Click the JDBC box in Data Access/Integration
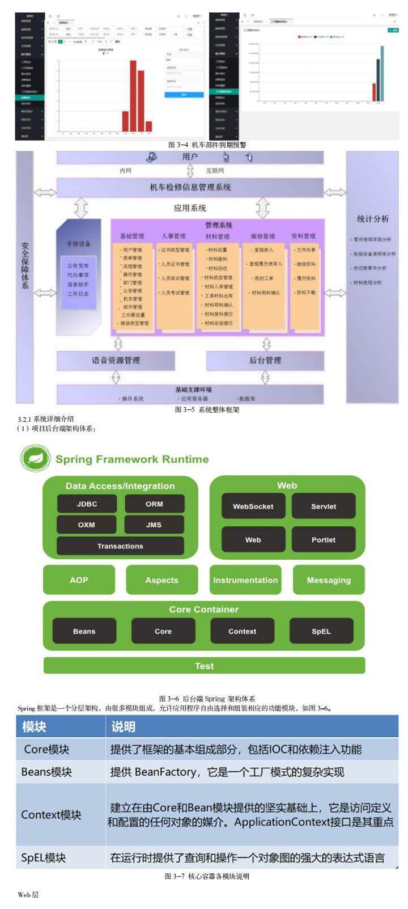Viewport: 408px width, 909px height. tap(87, 504)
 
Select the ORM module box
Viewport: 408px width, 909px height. tap(154, 504)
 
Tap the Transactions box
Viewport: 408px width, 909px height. tap(120, 546)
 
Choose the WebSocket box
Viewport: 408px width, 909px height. tap(253, 506)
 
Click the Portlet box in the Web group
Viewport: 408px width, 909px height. tap(323, 540)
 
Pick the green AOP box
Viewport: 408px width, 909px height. tap(79, 580)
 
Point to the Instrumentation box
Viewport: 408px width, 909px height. tap(245, 580)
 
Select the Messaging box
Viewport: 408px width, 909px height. tap(329, 580)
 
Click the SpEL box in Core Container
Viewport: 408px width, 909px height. tap(321, 631)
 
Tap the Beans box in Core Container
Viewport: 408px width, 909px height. tap(84, 631)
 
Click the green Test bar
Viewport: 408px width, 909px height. tap(204, 666)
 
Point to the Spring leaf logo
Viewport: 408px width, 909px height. tap(35, 459)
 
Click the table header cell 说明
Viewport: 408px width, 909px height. tap(123, 726)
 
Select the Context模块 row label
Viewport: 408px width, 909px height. tap(51, 815)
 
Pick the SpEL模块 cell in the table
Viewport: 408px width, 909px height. tap(44, 858)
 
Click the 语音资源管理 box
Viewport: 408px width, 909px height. tap(116, 360)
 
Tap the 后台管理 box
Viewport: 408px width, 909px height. tap(265, 360)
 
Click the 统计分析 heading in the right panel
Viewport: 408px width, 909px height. tap(372, 218)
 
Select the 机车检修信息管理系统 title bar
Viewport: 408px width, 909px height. tap(190, 187)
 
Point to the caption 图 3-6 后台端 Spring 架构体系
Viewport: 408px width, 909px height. tap(207, 699)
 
